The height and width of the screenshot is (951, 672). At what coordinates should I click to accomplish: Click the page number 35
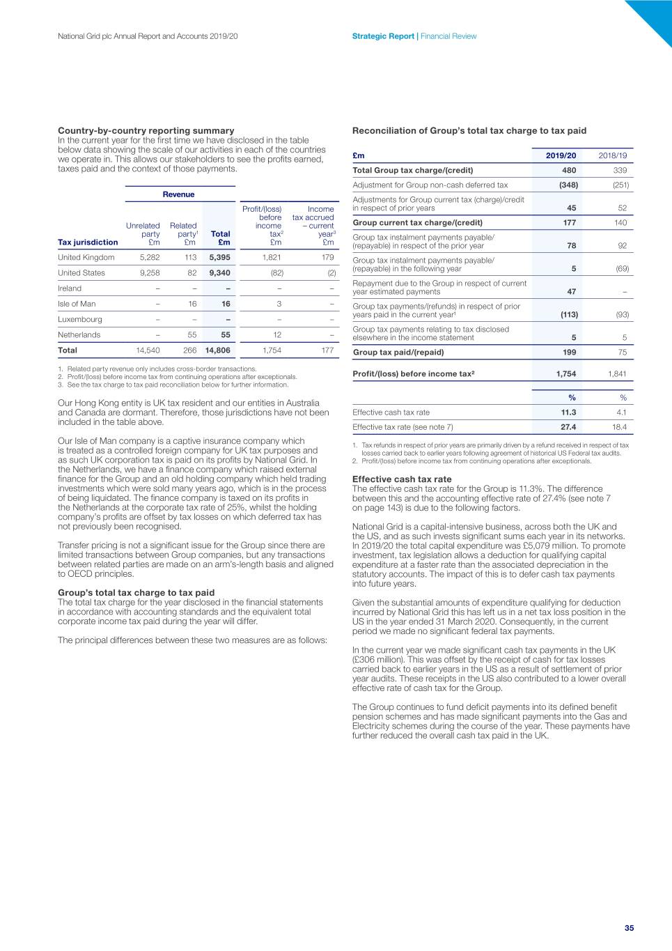pyautogui.click(x=629, y=927)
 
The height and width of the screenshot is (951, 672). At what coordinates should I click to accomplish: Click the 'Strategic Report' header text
pyautogui.click(x=382, y=36)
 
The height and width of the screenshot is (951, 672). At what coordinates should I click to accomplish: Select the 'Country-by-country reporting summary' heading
pyautogui.click(x=146, y=130)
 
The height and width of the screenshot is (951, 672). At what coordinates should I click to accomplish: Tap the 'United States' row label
pyautogui.click(x=81, y=273)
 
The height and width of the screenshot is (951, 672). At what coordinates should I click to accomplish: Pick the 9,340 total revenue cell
pyautogui.click(x=219, y=273)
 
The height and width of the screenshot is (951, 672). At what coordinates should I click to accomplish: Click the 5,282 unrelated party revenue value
pyautogui.click(x=150, y=257)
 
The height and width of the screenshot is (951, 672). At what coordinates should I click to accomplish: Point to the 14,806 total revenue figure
pyautogui.click(x=217, y=350)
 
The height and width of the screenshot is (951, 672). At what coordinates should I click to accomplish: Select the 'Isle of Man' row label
pyautogui.click(x=77, y=304)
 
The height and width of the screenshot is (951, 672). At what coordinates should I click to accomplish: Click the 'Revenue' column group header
pyautogui.click(x=178, y=194)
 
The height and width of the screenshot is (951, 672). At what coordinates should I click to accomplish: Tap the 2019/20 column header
pyautogui.click(x=561, y=155)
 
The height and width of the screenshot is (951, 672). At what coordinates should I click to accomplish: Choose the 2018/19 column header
pyautogui.click(x=612, y=155)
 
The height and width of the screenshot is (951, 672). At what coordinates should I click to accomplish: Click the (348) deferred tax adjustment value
pyautogui.click(x=568, y=185)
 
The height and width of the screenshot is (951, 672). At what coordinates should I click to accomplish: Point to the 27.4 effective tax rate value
pyautogui.click(x=568, y=427)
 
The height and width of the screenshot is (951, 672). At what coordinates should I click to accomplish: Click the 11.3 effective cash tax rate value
pyautogui.click(x=568, y=412)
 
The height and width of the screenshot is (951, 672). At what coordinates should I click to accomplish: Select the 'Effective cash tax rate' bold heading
pyautogui.click(x=402, y=479)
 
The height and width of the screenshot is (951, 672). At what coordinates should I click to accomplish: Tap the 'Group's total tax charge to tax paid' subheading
pyautogui.click(x=136, y=593)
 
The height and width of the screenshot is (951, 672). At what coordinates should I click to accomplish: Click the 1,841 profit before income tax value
pyautogui.click(x=616, y=373)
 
